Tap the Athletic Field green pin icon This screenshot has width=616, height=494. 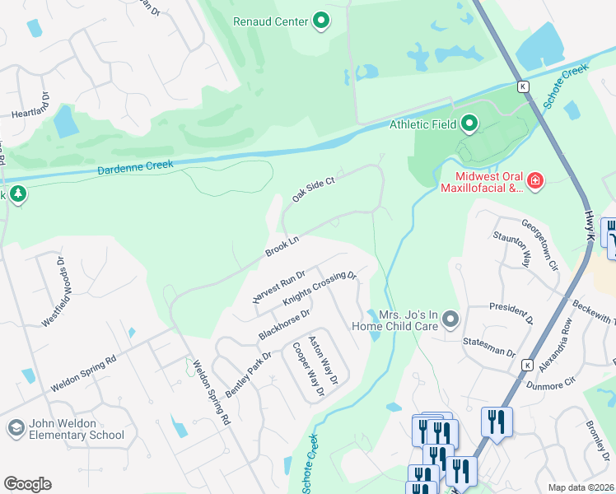[469, 125]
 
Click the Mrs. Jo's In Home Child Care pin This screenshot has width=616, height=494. [450, 318]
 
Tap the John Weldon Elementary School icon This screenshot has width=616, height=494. [15, 428]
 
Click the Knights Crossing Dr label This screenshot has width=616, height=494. [319, 290]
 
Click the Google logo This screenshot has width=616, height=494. [27, 483]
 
